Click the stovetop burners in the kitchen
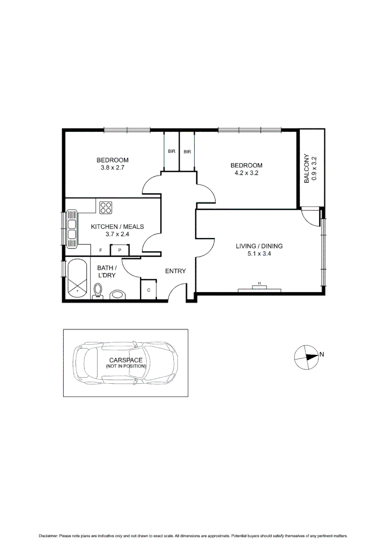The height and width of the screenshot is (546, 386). [106, 207]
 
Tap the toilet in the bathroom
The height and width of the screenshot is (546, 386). [98, 291]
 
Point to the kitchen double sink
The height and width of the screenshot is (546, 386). [72, 229]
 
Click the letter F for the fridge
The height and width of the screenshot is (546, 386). [100, 250]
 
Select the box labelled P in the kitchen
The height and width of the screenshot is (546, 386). [120, 250]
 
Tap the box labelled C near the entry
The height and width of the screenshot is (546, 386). [149, 290]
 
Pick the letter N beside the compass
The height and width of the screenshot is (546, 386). [322, 354]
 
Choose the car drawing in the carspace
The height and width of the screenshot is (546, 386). [126, 362]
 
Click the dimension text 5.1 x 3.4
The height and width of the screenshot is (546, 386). [259, 254]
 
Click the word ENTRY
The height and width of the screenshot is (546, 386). [176, 271]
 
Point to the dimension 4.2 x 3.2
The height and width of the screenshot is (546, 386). [246, 173]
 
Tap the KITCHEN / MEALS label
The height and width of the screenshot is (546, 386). [117, 226]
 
